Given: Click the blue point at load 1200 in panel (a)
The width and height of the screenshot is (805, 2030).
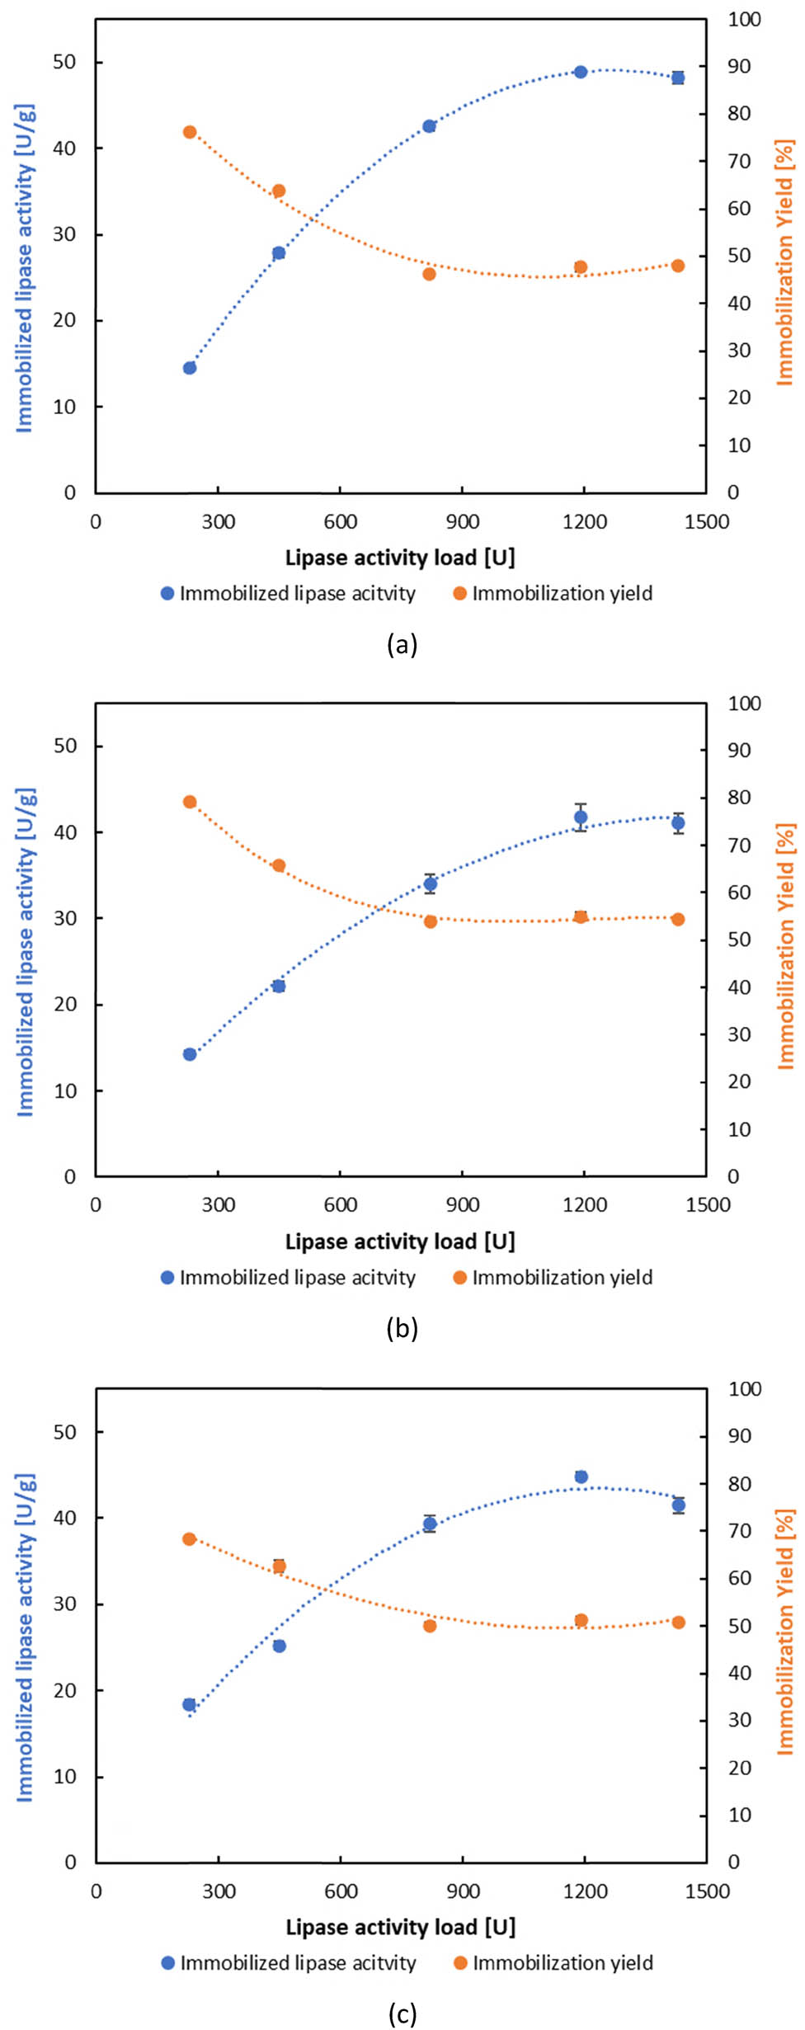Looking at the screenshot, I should (581, 73).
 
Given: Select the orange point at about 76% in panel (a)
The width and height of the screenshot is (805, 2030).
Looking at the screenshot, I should (190, 132).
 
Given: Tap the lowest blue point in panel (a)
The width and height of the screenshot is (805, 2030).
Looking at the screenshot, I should (190, 368).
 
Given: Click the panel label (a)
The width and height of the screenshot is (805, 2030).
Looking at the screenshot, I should (402, 644).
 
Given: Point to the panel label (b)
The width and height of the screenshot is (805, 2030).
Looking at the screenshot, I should (402, 1328).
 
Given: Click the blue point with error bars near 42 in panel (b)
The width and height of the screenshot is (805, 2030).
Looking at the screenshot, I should (581, 817).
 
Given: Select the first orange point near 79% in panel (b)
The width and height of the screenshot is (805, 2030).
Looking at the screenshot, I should (190, 802).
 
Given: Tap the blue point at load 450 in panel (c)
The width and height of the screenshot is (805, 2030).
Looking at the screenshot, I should (280, 1646).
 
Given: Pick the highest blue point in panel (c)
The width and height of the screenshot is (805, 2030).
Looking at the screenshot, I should (581, 1477).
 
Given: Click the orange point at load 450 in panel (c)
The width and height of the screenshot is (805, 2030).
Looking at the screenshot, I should (280, 1566).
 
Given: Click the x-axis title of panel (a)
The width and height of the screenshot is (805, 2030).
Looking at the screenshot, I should (400, 558).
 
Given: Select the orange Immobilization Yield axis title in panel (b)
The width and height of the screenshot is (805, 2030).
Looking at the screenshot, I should (786, 945).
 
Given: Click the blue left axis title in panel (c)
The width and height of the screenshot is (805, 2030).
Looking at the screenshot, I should (26, 1637).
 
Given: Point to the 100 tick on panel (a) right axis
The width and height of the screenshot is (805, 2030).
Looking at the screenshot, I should (744, 20).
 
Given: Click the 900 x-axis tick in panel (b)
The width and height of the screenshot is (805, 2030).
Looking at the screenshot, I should (463, 1205).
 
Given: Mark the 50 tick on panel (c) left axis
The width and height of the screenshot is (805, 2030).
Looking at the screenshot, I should (64, 1432).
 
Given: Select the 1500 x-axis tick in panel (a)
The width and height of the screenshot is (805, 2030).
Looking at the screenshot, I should (707, 522).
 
